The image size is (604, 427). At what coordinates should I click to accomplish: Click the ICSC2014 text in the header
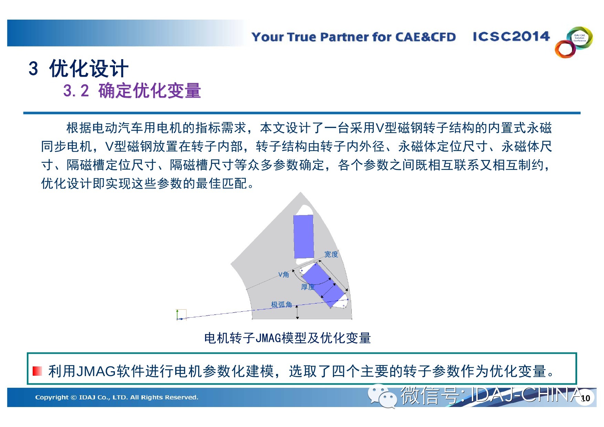click(x=511, y=36)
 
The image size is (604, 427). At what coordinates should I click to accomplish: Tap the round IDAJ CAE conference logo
click(x=574, y=42)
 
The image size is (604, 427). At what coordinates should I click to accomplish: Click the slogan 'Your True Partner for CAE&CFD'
click(x=353, y=37)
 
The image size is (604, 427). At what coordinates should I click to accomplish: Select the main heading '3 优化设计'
click(x=78, y=68)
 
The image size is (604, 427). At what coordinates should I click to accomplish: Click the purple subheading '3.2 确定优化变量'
click(x=132, y=91)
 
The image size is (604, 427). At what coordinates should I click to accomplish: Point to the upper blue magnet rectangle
click(x=304, y=236)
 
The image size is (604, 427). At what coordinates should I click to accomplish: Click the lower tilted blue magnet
click(x=324, y=285)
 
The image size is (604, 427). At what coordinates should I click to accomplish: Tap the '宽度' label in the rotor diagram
click(x=331, y=254)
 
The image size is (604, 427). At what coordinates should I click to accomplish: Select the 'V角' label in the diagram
click(x=284, y=275)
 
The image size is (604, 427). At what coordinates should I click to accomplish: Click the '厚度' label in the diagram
click(x=308, y=287)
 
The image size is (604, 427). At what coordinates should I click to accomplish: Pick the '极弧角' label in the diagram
click(x=282, y=305)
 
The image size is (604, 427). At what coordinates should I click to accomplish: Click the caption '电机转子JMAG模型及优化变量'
click(x=287, y=338)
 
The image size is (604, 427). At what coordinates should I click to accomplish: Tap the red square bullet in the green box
click(x=37, y=371)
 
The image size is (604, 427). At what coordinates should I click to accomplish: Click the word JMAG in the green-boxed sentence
click(x=96, y=371)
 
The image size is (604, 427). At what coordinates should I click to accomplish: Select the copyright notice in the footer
click(x=117, y=397)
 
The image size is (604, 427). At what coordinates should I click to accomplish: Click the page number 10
click(x=585, y=398)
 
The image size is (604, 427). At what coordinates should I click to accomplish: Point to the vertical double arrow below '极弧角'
click(x=297, y=312)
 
